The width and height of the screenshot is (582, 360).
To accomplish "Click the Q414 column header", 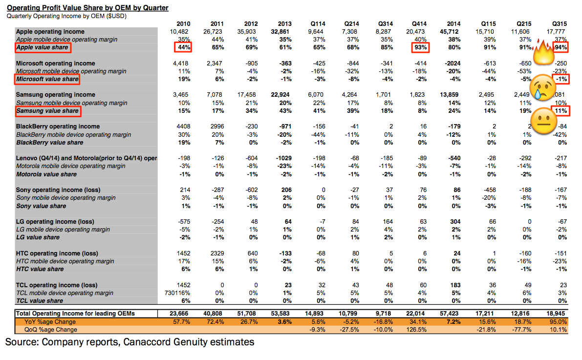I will [x=420, y=23].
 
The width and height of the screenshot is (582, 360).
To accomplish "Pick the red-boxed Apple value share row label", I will [x=43, y=48].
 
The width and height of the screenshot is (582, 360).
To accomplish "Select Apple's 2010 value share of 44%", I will [x=183, y=48].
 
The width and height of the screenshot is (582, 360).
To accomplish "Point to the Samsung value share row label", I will [x=48, y=111].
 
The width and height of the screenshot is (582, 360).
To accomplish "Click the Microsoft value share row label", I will [x=47, y=79].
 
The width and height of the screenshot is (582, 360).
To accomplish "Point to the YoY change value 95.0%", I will [x=558, y=322].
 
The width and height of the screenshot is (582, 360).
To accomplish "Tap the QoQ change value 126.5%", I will [x=418, y=330].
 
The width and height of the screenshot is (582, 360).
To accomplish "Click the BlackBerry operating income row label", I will [x=58, y=127].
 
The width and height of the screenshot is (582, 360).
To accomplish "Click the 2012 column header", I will [x=251, y=23].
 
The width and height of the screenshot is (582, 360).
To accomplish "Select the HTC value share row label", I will [x=40, y=269].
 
